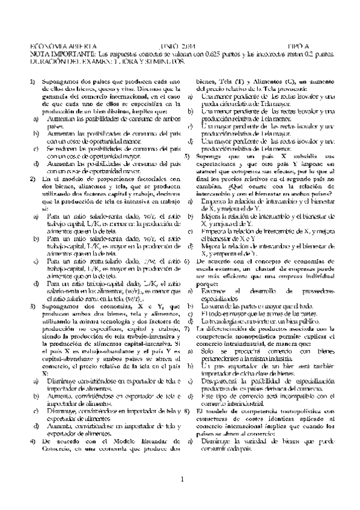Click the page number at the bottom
point(180,479)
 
